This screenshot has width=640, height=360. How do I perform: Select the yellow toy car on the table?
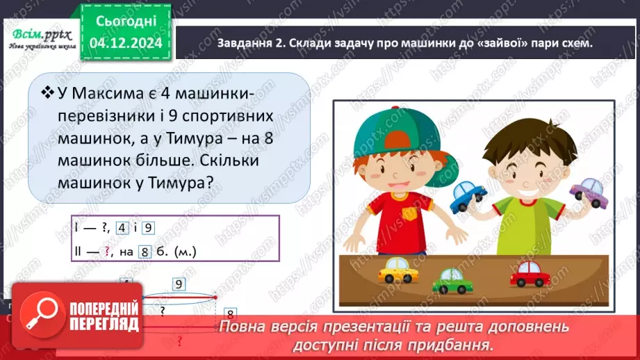coord(399,270)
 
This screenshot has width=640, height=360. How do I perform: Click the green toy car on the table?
coord(452,279)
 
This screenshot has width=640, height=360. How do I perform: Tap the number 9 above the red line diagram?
coord(178,284)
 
